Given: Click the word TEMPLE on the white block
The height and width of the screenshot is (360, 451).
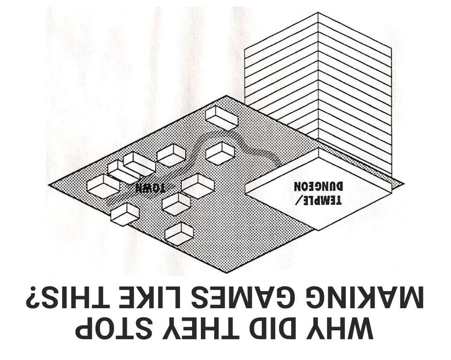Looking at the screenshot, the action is (322, 200).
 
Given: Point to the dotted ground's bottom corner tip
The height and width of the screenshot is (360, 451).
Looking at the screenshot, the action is (227, 273).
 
